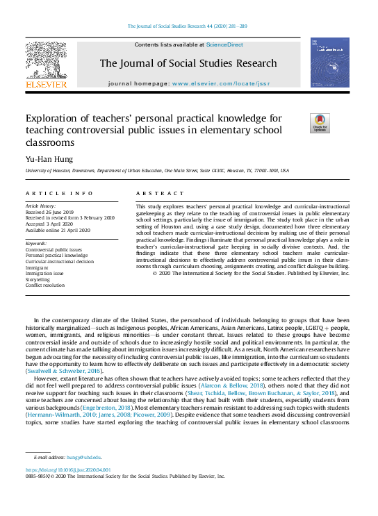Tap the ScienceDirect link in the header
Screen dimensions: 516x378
click(x=224, y=44)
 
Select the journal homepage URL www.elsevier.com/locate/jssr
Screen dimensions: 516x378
click(x=219, y=83)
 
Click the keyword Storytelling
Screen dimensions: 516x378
click(x=39, y=279)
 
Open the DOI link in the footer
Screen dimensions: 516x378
click(x=70, y=470)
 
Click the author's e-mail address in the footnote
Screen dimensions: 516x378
click(x=83, y=457)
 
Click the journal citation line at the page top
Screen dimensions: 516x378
click(x=188, y=27)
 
